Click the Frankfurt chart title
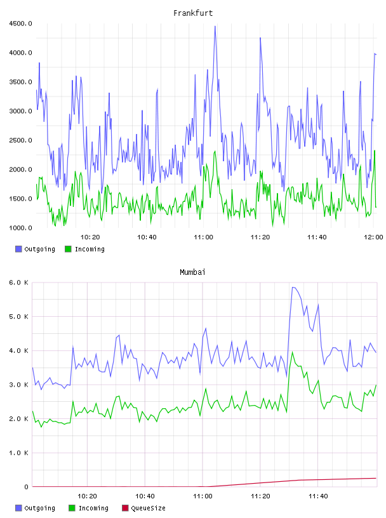click(193, 13)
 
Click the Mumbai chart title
click(192, 272)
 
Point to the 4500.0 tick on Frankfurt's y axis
click(20, 23)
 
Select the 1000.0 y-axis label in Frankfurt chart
click(20, 228)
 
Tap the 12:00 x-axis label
click(373, 237)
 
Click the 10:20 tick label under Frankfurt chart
click(90, 237)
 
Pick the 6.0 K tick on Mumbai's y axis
click(19, 282)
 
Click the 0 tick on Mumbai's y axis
click(26, 487)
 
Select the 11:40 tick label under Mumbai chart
click(318, 496)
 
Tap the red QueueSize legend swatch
click(125, 508)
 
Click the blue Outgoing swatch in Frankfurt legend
click(18, 249)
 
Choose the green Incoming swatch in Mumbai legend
click(72, 508)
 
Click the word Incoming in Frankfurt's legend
click(90, 249)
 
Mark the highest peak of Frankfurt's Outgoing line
click(215, 26)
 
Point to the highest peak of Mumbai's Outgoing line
click(293, 287)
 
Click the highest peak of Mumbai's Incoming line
click(292, 352)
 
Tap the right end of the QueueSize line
click(376, 478)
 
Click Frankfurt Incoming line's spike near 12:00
click(375, 150)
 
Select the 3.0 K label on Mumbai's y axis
click(19, 385)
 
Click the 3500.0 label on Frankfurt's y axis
click(20, 82)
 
